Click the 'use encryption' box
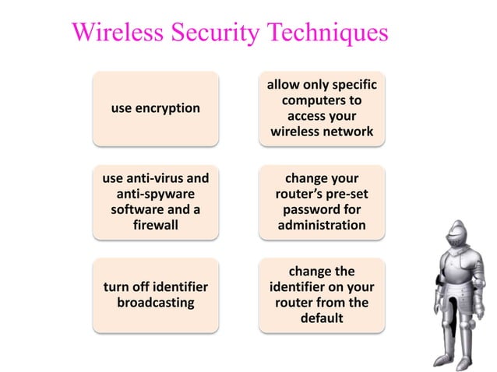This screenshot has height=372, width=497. click(155, 108)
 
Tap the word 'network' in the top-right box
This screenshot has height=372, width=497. click(347, 132)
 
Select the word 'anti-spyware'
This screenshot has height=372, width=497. click(155, 194)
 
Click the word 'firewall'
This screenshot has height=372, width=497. click(155, 225)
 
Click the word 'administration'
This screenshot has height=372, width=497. click(322, 225)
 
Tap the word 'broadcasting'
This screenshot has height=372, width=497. click(155, 302)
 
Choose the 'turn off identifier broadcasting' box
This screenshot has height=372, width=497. click(155, 295)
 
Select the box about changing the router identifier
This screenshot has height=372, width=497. click(322, 295)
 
